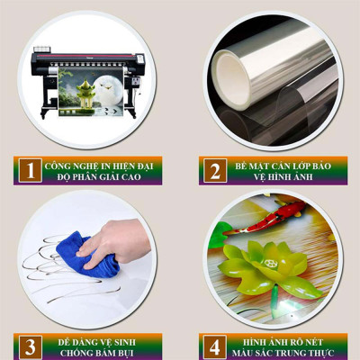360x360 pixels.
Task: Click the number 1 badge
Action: tap(30, 170)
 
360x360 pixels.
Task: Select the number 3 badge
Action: tap(30, 346)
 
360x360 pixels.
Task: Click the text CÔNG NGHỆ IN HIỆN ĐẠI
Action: tap(101, 164)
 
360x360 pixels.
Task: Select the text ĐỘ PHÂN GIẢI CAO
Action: tap(101, 176)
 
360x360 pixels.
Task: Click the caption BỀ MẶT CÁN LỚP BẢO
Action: tap(282, 164)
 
